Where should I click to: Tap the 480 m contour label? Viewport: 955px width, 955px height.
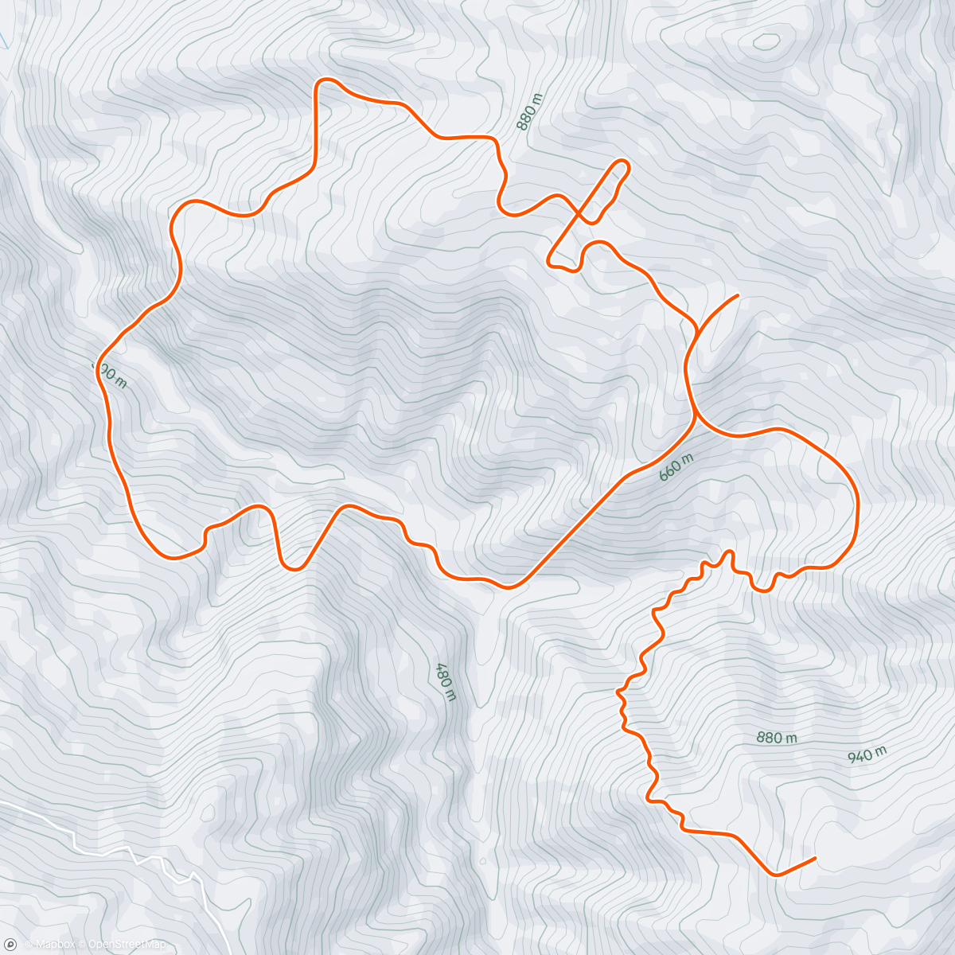pyautogui.click(x=445, y=682)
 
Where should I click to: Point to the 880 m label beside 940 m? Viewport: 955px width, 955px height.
pyautogui.click(x=777, y=738)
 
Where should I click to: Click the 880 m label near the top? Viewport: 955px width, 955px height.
pyautogui.click(x=529, y=112)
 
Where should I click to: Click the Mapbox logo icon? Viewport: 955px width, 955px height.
pyautogui.click(x=10, y=944)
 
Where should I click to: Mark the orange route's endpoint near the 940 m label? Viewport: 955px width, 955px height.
pyautogui.click(x=815, y=858)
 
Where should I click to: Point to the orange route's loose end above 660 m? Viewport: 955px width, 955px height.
pyautogui.click(x=739, y=295)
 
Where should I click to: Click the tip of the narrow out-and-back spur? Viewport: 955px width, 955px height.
pyautogui.click(x=622, y=164)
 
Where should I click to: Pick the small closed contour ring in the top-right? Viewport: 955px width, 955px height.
pyautogui.click(x=766, y=41)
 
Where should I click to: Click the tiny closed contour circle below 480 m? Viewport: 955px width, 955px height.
pyautogui.click(x=482, y=860)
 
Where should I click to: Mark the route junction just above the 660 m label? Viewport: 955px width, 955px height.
pyautogui.click(x=696, y=413)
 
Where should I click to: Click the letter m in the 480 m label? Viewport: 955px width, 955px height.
pyautogui.click(x=451, y=695)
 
